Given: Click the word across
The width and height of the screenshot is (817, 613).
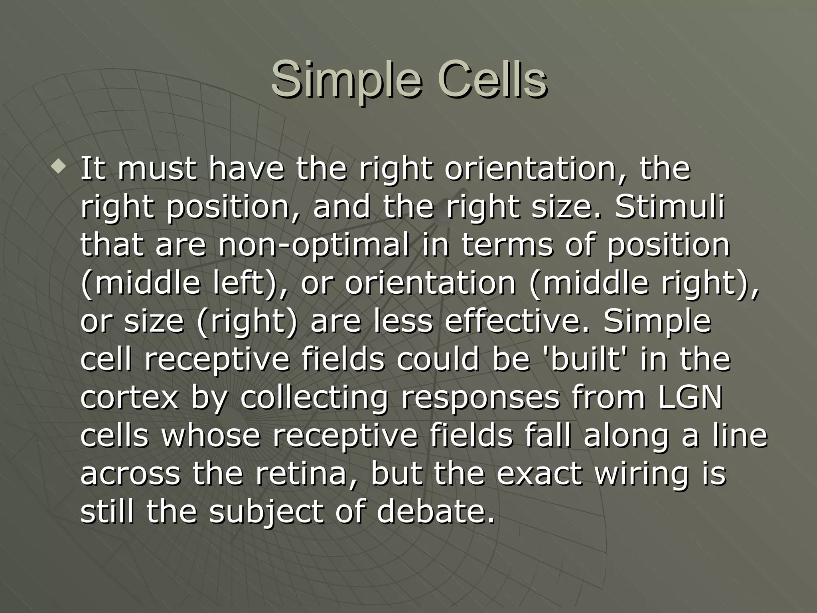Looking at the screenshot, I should click(130, 474).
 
